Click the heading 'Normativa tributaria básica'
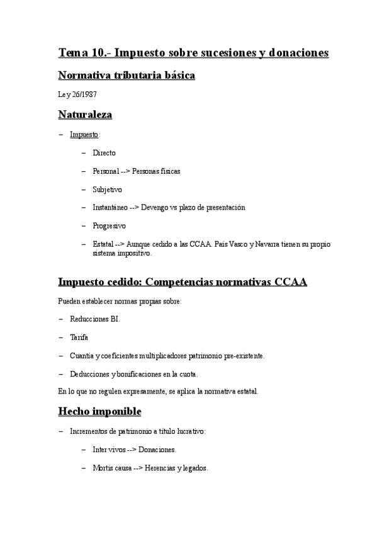coord(126,76)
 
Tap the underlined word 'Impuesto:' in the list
coord(84,134)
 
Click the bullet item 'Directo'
coord(104,152)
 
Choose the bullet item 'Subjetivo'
coord(107,189)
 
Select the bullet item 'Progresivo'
coord(109,225)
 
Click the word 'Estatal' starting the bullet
coord(103,244)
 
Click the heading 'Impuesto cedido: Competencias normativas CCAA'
coord(182,281)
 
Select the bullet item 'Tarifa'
coord(79,337)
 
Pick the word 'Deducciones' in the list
coord(89,373)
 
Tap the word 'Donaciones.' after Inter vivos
coord(157,450)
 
